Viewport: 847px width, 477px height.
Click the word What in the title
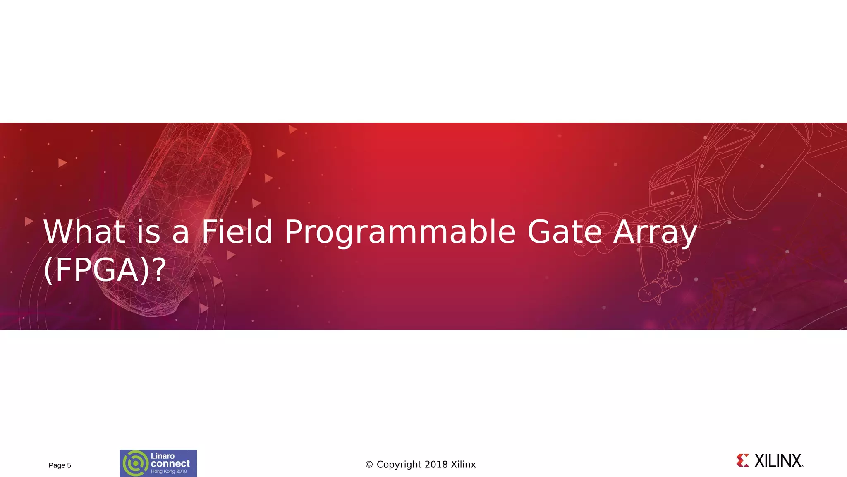pyautogui.click(x=84, y=232)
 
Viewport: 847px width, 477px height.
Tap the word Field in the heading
pyautogui.click(x=237, y=232)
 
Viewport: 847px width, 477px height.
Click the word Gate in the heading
pyautogui.click(x=565, y=232)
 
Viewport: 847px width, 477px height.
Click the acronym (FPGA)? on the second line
pyautogui.click(x=105, y=270)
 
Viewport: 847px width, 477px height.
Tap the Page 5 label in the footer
pyautogui.click(x=60, y=465)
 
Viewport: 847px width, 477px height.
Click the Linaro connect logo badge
pyautogui.click(x=158, y=463)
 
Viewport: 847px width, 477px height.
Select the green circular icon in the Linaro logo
pyautogui.click(x=135, y=463)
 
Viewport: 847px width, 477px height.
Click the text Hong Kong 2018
pyautogui.click(x=169, y=471)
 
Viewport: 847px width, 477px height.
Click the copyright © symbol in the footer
pyautogui.click(x=369, y=465)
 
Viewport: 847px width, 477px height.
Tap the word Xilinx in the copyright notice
pyautogui.click(x=463, y=465)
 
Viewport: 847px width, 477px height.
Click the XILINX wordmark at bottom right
pyautogui.click(x=778, y=461)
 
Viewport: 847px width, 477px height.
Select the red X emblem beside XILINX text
pyautogui.click(x=743, y=460)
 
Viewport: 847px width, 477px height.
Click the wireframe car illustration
pyautogui.click(x=182, y=207)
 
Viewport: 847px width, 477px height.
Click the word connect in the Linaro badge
pyautogui.click(x=170, y=464)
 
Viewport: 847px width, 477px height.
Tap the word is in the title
pyautogui.click(x=148, y=232)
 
